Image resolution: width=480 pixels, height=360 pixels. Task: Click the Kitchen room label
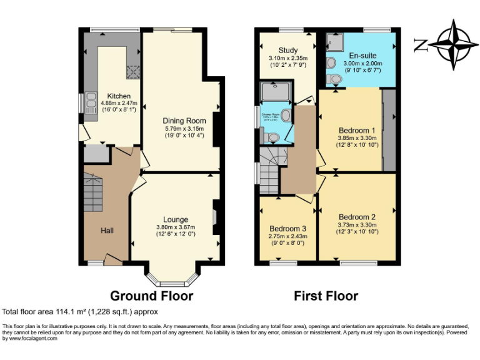point(119,96)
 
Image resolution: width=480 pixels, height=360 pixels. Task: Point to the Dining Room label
point(184,121)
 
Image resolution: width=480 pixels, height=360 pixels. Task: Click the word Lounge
point(176,219)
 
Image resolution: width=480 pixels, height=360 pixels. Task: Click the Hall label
point(107,231)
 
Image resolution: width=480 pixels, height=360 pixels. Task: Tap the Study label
point(288,51)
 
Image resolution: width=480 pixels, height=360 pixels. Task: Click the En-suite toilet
point(336,79)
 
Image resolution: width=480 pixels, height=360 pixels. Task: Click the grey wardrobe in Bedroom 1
point(389,130)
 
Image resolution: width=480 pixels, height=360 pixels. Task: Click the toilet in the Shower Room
point(273,136)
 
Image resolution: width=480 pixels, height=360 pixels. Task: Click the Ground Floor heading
point(151,296)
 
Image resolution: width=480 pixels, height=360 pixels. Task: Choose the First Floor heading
point(327,296)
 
